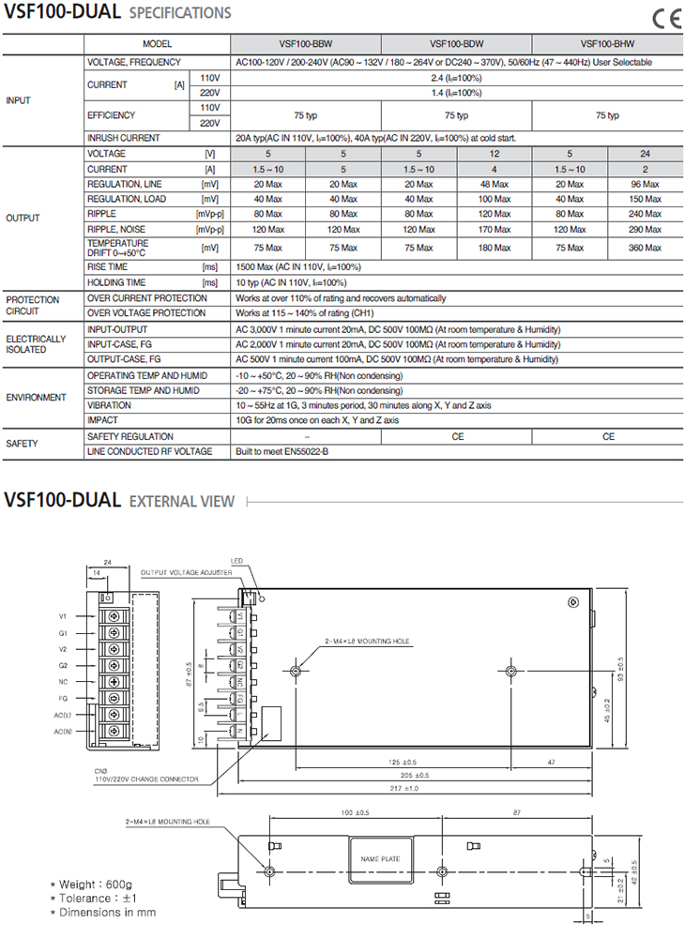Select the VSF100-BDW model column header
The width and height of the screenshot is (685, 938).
click(456, 44)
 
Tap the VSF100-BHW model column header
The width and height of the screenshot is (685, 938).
click(607, 44)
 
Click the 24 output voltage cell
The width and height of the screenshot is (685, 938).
click(645, 153)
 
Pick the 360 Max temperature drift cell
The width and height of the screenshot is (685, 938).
click(645, 248)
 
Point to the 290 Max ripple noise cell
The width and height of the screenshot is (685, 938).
click(645, 229)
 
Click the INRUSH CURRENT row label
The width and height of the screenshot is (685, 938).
click(123, 138)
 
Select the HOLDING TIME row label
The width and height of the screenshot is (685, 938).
click(116, 282)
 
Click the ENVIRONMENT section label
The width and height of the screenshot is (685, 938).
click(37, 398)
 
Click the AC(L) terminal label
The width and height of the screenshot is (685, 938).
click(63, 715)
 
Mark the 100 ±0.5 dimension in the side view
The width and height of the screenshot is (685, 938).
click(355, 812)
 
